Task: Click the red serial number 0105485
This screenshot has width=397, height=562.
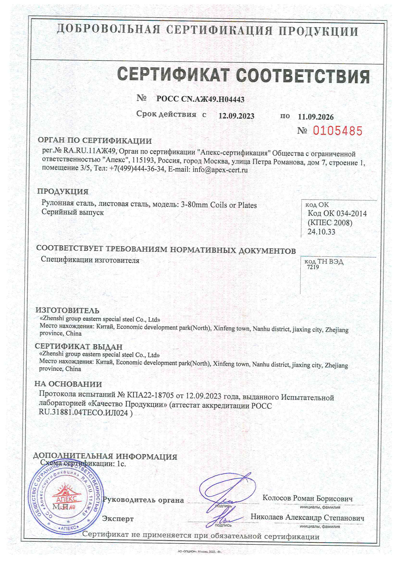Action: tap(337, 131)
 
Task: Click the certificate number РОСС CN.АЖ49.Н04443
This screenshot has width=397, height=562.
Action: tap(200, 99)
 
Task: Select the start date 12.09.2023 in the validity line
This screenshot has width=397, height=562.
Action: tap(236, 116)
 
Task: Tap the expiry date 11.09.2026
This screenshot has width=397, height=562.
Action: tap(316, 117)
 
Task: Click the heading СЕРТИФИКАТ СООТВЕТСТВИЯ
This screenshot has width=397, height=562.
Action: tap(243, 75)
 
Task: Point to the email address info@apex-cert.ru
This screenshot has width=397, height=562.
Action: tap(220, 170)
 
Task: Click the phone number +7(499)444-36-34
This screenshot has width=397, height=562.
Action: tap(137, 169)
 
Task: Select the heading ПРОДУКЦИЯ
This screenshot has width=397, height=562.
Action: tap(63, 191)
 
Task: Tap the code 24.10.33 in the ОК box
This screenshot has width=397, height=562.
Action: tap(321, 232)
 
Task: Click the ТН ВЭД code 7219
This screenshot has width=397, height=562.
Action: tap(313, 267)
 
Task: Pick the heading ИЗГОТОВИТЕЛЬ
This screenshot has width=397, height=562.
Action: tap(67, 310)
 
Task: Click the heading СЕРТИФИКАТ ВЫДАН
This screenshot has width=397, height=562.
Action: tap(79, 346)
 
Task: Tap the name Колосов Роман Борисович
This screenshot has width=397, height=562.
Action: tap(307, 498)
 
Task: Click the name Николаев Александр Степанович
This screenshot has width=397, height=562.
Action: tap(307, 517)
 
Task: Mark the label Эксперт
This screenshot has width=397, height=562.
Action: tap(118, 519)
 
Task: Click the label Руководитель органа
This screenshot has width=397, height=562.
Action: tap(143, 500)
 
